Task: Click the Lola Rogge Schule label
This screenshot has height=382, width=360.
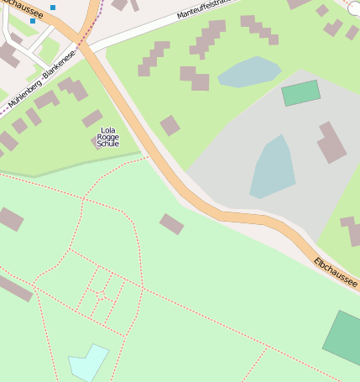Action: point(108,137)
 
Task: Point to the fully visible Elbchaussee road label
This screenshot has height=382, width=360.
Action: point(336,274)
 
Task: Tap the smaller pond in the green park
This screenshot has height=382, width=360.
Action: point(249,72)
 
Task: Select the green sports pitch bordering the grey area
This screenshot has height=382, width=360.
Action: point(301,92)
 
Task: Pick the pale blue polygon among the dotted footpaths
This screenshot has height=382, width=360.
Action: point(88,362)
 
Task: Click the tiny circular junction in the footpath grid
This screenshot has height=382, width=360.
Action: point(102,297)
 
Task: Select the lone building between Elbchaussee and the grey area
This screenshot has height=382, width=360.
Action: point(170,126)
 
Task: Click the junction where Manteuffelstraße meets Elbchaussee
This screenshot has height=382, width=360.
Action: point(95,46)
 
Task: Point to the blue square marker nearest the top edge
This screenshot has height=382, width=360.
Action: point(53,8)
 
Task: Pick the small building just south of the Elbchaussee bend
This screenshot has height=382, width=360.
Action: point(171,224)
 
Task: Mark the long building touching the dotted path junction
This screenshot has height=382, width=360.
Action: point(15,286)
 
